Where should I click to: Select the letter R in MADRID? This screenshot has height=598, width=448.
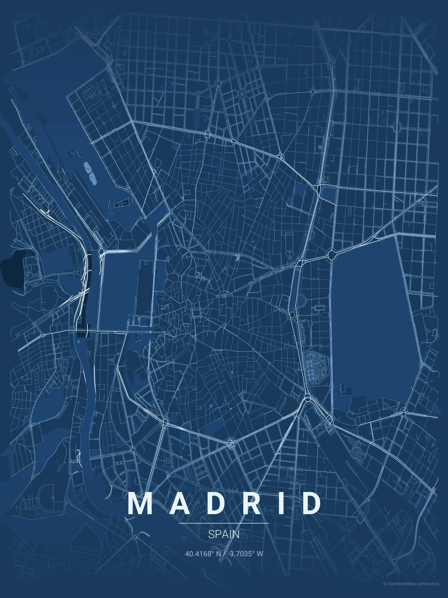[252, 503]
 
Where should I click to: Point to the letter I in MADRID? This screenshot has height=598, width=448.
[283, 503]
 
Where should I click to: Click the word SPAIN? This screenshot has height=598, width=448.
[224, 534]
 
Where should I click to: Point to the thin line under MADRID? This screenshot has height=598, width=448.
[224, 523]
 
